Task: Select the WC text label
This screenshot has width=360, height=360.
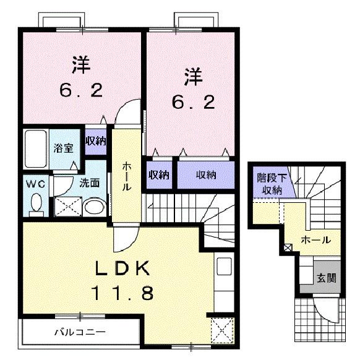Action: [x=33, y=184]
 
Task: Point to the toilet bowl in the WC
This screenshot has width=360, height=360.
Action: [x=35, y=202]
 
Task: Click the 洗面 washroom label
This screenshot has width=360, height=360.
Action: [x=90, y=183]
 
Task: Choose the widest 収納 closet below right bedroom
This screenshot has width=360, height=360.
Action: [x=206, y=174]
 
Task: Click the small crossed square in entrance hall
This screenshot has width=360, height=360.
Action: [x=287, y=249]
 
